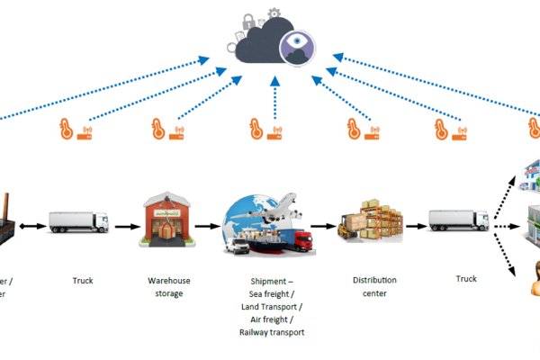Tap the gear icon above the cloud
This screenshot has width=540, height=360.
click(x=274, y=13)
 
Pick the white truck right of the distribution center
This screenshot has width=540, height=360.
click(x=459, y=219)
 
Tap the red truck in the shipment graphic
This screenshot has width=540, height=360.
click(x=301, y=238)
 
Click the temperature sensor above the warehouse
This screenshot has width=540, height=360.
click(x=163, y=131)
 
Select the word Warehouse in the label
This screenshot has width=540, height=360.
click(x=168, y=280)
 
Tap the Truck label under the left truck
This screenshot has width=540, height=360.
click(x=83, y=280)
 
